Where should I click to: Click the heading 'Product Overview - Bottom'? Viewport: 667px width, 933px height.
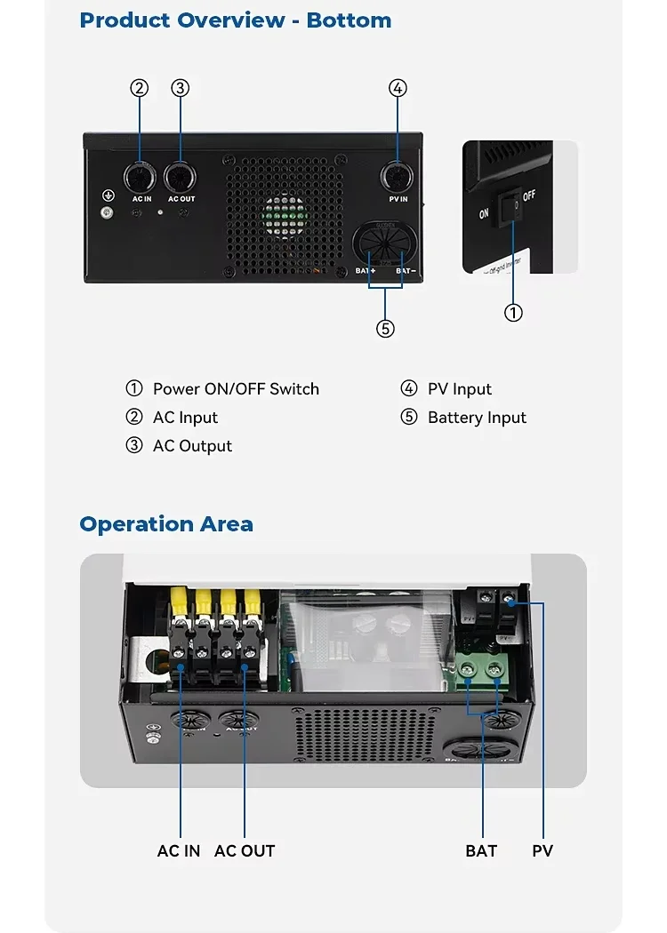[x=235, y=20]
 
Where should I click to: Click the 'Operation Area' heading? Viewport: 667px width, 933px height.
[x=166, y=524]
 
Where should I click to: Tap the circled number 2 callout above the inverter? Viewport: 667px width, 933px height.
[x=139, y=88]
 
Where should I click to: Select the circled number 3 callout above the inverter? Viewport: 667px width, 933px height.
[x=181, y=88]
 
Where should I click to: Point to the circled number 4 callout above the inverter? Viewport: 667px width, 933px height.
[x=398, y=88]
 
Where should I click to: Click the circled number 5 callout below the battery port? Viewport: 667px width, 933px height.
[x=385, y=329]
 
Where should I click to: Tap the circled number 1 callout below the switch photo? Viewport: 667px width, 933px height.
[x=513, y=313]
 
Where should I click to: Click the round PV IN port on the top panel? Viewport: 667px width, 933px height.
[x=397, y=178]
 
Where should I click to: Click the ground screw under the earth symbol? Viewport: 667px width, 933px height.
[x=108, y=212]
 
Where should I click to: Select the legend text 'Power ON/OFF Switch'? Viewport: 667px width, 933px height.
[x=236, y=389]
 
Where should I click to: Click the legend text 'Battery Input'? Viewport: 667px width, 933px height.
[x=477, y=418]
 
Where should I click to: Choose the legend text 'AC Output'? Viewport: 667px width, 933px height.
[x=192, y=446]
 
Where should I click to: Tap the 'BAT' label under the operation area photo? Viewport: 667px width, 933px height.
[x=481, y=851]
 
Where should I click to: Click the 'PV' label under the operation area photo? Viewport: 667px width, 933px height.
[x=542, y=851]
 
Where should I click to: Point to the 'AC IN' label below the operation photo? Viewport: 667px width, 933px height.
[x=179, y=851]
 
